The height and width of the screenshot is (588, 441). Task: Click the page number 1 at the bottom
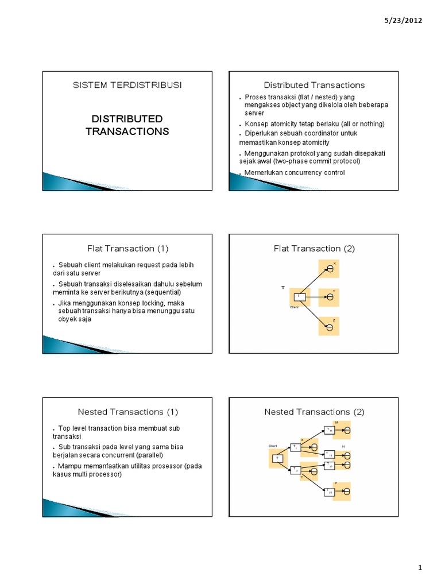(x=420, y=568)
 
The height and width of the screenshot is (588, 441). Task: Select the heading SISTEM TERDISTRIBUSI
(x=127, y=85)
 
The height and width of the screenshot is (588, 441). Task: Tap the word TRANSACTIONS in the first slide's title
(x=127, y=131)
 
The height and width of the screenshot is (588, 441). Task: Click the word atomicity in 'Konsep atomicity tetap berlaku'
(x=289, y=124)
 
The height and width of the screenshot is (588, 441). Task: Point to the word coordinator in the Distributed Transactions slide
(x=311, y=133)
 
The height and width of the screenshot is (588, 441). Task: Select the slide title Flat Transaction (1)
(x=128, y=249)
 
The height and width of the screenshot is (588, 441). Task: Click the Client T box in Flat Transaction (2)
(x=299, y=297)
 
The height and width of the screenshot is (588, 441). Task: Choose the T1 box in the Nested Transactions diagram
(x=296, y=447)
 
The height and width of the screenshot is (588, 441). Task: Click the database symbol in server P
(x=347, y=492)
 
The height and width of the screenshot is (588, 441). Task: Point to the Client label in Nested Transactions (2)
(x=273, y=446)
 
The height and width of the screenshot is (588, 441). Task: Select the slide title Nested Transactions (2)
(x=314, y=412)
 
